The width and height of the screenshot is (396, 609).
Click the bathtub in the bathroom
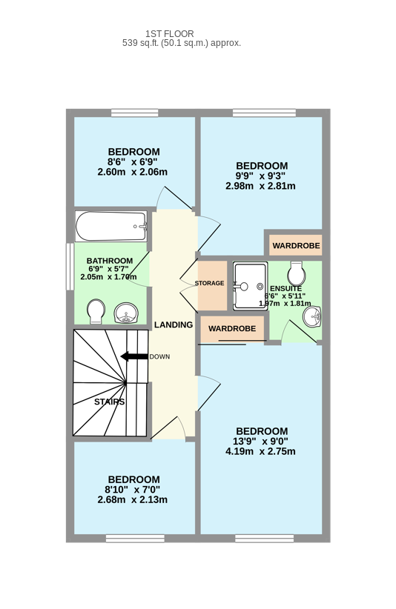(111, 227)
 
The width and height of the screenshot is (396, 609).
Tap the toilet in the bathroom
(96, 311)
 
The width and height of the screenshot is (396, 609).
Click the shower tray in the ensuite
(250, 286)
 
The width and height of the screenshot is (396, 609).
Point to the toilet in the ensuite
(296, 273)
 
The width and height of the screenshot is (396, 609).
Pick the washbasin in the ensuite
(312, 316)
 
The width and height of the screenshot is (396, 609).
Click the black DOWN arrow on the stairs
(134, 356)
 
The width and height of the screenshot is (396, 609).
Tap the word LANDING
(174, 325)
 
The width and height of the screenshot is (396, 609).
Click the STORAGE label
(209, 283)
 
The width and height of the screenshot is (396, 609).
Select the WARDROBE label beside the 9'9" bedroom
(296, 245)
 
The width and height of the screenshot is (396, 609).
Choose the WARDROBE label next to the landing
(232, 329)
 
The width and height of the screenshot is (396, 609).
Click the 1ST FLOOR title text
(169, 34)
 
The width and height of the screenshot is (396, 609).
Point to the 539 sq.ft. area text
(182, 43)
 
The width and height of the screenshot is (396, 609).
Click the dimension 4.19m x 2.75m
(260, 451)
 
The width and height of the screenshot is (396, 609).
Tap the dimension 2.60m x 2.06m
(133, 172)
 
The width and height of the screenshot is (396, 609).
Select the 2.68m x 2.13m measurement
(133, 499)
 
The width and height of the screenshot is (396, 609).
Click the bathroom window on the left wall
(70, 267)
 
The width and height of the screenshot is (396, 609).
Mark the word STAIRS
(110, 402)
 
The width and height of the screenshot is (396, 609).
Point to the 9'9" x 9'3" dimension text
(260, 176)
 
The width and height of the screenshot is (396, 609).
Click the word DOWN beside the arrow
(159, 356)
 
